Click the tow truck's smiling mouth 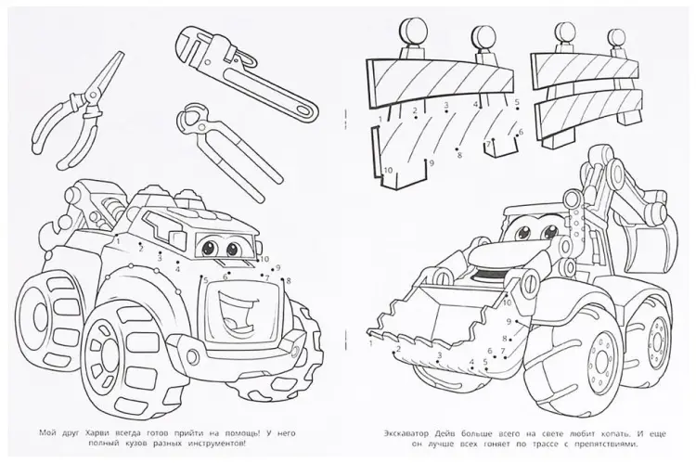[x=235, y=314]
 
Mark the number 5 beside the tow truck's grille [x=206, y=279]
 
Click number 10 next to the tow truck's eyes [x=264, y=259]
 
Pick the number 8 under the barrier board [x=459, y=155]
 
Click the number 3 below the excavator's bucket [x=440, y=354]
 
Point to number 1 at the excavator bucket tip [x=371, y=342]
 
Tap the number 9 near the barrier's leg [x=431, y=163]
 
